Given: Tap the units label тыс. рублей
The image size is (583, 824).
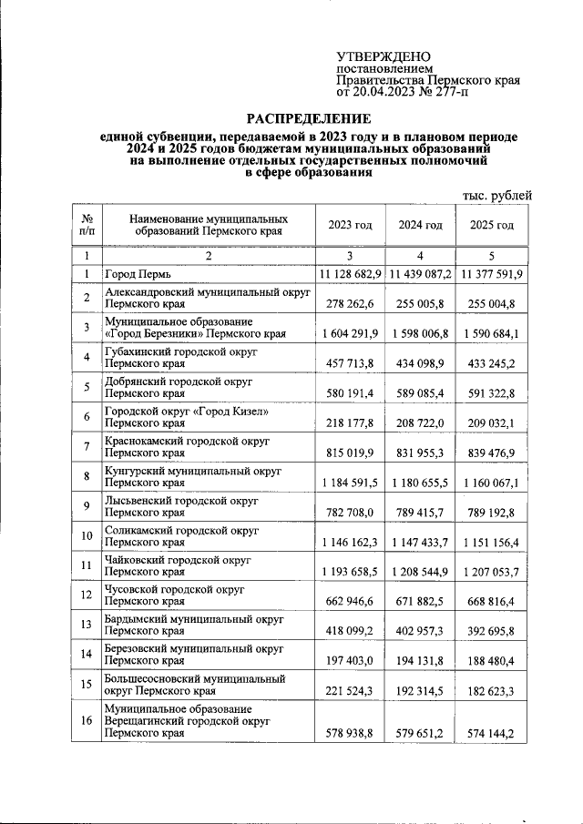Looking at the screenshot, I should (x=497, y=195).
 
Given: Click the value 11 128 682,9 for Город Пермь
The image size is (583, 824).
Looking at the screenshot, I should (x=350, y=274).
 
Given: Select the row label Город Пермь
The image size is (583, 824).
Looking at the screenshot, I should (x=138, y=274).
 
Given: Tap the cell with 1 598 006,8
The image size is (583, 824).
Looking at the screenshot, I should (x=420, y=333).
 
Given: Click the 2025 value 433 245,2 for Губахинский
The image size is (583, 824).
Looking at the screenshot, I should (x=492, y=363).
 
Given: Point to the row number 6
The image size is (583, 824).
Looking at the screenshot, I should (x=86, y=417).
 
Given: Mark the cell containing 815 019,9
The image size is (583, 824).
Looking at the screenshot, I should (x=350, y=453).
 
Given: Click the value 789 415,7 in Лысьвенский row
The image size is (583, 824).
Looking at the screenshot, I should (x=420, y=512).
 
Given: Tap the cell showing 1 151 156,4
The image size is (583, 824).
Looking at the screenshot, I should (x=492, y=542).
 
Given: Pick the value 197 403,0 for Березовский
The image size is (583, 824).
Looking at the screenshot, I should (x=350, y=660).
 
